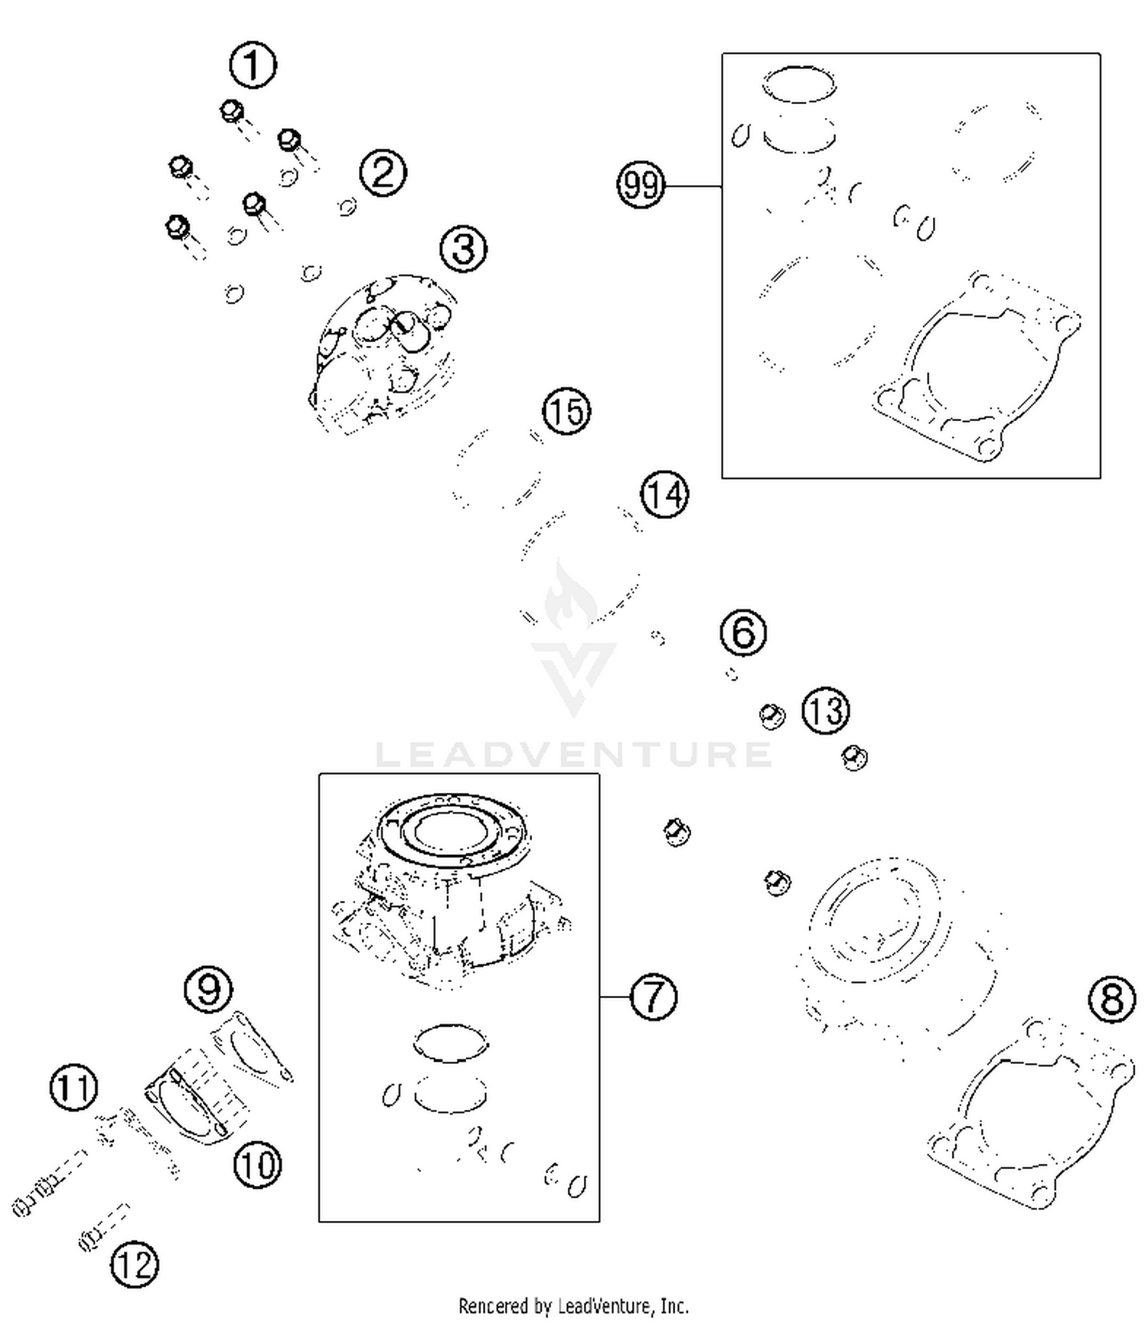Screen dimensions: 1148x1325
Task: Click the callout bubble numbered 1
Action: (x=253, y=65)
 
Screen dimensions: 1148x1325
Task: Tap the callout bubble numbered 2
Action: (x=383, y=172)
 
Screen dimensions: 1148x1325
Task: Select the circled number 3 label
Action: (x=464, y=249)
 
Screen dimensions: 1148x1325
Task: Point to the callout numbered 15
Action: (x=567, y=411)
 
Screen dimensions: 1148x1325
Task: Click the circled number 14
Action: (x=664, y=494)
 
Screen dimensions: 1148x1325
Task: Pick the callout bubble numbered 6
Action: (x=744, y=632)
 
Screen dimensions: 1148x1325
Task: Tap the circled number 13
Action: (x=826, y=711)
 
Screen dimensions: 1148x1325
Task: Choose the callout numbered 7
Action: (x=654, y=997)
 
